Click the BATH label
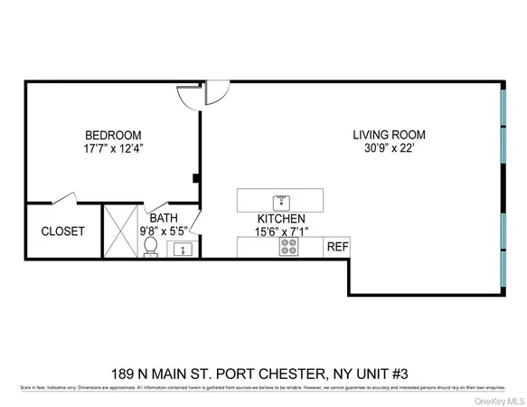coord(164,217)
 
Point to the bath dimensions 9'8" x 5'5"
coord(164,230)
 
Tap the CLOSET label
coord(63,232)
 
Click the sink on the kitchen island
coord(280,200)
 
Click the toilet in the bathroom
coord(150,247)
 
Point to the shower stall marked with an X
coord(119,231)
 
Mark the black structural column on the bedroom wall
coord(196,177)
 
